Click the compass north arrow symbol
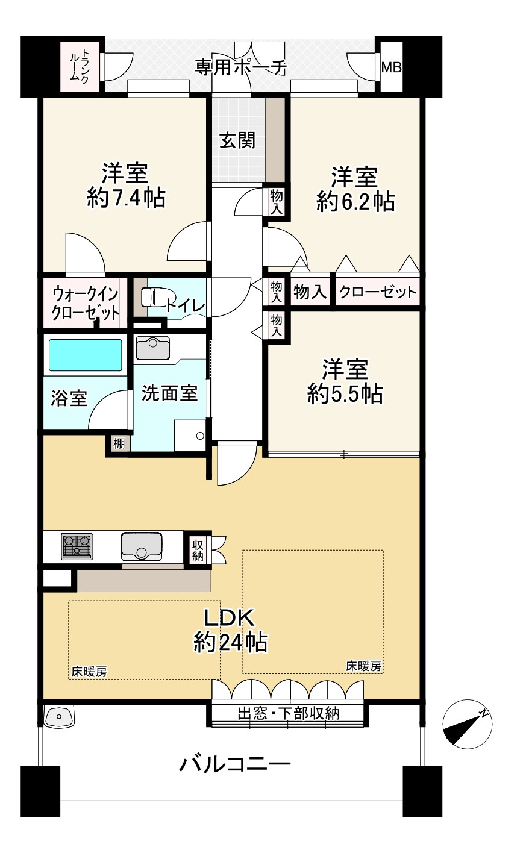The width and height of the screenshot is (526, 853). pyautogui.click(x=466, y=724)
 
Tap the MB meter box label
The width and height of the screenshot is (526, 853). pyautogui.click(x=391, y=68)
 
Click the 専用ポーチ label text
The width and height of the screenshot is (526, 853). pyautogui.click(x=239, y=67)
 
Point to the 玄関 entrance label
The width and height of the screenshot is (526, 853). pyautogui.click(x=237, y=140)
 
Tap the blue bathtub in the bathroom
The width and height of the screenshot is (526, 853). pyautogui.click(x=85, y=355)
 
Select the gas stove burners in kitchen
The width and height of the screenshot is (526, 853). pyautogui.click(x=77, y=546)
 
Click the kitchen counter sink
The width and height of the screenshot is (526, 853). pyautogui.click(x=141, y=546)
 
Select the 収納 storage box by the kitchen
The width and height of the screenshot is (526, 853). pyautogui.click(x=198, y=549)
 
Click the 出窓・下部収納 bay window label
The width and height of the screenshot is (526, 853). pyautogui.click(x=288, y=713)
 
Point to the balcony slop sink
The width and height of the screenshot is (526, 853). pyautogui.click(x=59, y=716)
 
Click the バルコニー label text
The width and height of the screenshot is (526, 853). pyautogui.click(x=236, y=765)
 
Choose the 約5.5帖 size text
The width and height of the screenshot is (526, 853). pyautogui.click(x=344, y=394)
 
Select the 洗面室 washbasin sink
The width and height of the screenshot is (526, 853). pyautogui.click(x=153, y=348)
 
